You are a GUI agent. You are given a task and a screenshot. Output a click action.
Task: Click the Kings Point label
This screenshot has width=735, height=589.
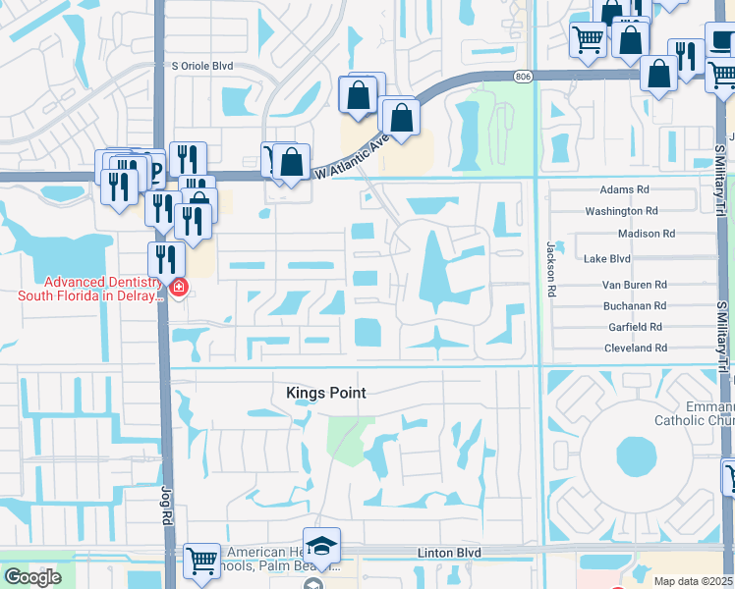326,393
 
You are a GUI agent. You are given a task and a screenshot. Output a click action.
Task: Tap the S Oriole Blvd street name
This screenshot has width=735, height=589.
203,67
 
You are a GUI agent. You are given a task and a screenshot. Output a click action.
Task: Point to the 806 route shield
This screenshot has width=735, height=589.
523,76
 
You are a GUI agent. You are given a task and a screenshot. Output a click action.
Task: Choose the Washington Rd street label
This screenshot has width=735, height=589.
621,211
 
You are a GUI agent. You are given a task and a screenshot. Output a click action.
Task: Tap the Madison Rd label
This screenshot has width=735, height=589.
646,234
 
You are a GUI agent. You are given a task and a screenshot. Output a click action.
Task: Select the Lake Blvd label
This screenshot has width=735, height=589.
606,259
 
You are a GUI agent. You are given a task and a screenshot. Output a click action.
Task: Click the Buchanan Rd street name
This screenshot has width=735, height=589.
634,306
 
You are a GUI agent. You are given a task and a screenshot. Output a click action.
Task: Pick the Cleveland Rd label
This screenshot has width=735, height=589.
635,348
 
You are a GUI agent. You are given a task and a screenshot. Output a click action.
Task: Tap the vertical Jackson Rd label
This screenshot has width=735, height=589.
551,268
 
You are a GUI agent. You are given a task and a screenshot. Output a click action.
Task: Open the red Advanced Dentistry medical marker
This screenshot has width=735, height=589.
179,289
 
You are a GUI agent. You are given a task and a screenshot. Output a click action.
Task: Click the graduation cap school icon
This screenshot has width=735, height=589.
321,547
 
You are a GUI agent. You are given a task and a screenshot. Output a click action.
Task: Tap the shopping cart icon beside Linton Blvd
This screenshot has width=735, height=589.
202,562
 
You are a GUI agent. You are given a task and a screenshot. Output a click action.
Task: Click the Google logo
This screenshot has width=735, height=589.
32,577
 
